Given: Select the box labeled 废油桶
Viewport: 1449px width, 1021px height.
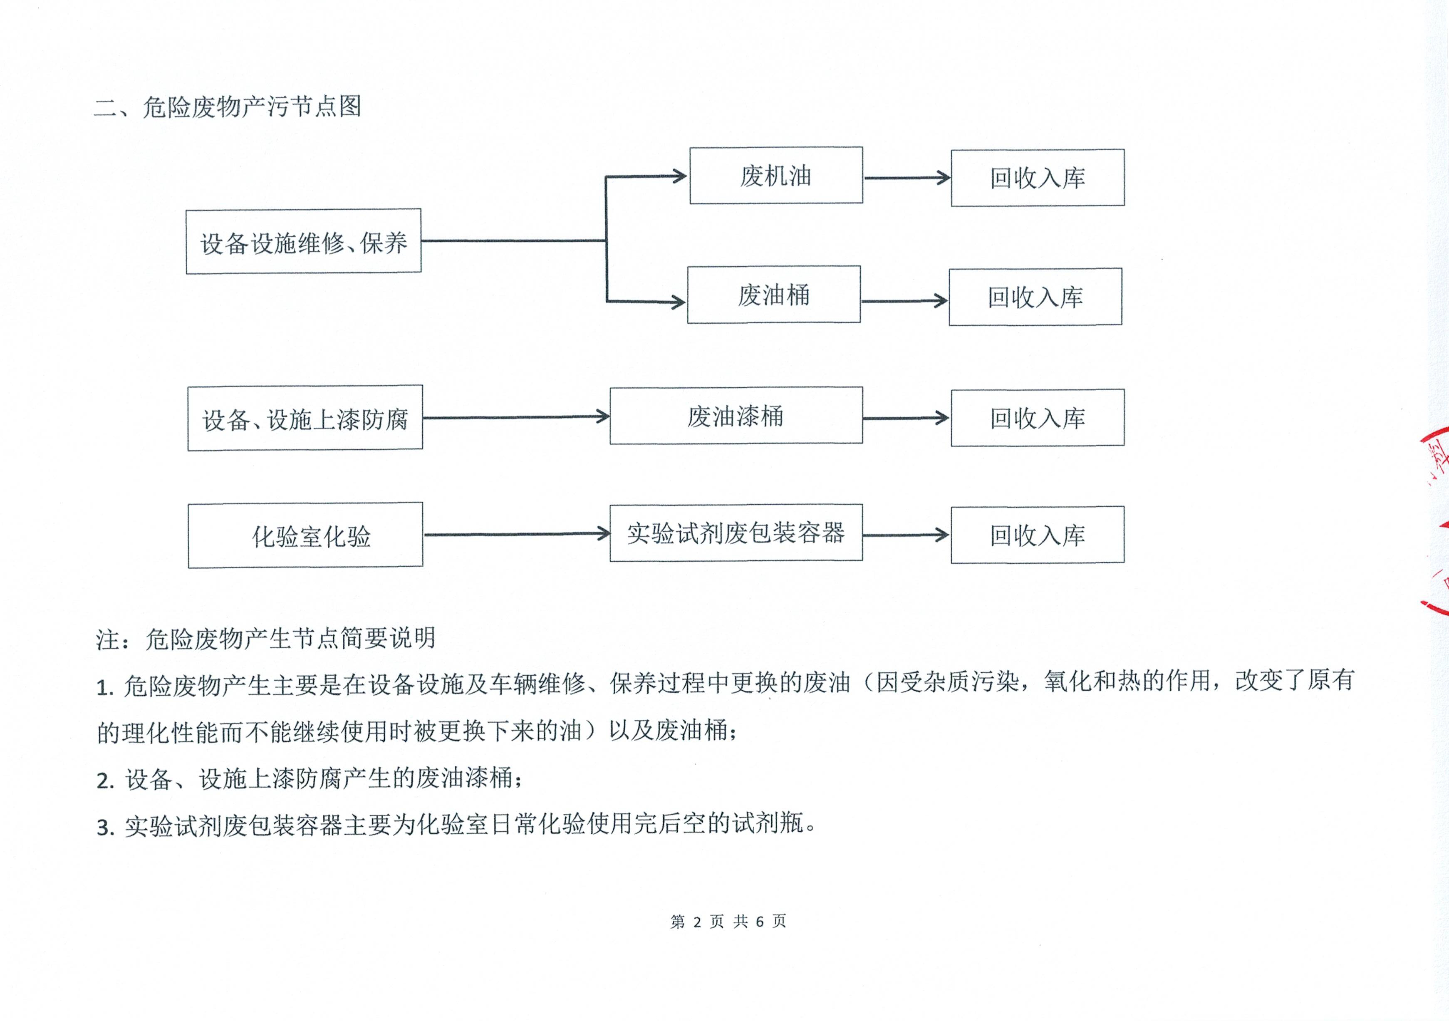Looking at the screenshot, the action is pos(774,295).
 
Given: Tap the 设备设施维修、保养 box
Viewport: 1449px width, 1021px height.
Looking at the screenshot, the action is pos(304,241).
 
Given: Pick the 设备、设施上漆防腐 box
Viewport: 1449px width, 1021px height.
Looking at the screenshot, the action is pos(305,418).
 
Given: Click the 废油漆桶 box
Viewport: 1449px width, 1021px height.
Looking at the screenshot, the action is pos(736,416).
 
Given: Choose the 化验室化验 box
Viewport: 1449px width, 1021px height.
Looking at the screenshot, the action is pos(305,535).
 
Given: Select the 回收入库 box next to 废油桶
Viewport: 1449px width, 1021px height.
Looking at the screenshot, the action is pos(1035,297).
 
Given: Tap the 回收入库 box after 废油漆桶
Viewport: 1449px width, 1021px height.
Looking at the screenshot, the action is pos(1038,418).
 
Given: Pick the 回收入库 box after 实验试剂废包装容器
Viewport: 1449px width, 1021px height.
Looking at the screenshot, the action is pos(1038,535).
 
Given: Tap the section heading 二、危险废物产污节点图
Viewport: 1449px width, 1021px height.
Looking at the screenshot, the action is pos(228,107).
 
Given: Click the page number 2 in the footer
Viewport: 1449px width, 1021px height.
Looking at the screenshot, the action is pos(697,922).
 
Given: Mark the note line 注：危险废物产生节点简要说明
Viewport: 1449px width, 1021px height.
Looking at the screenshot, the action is pos(266,639).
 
